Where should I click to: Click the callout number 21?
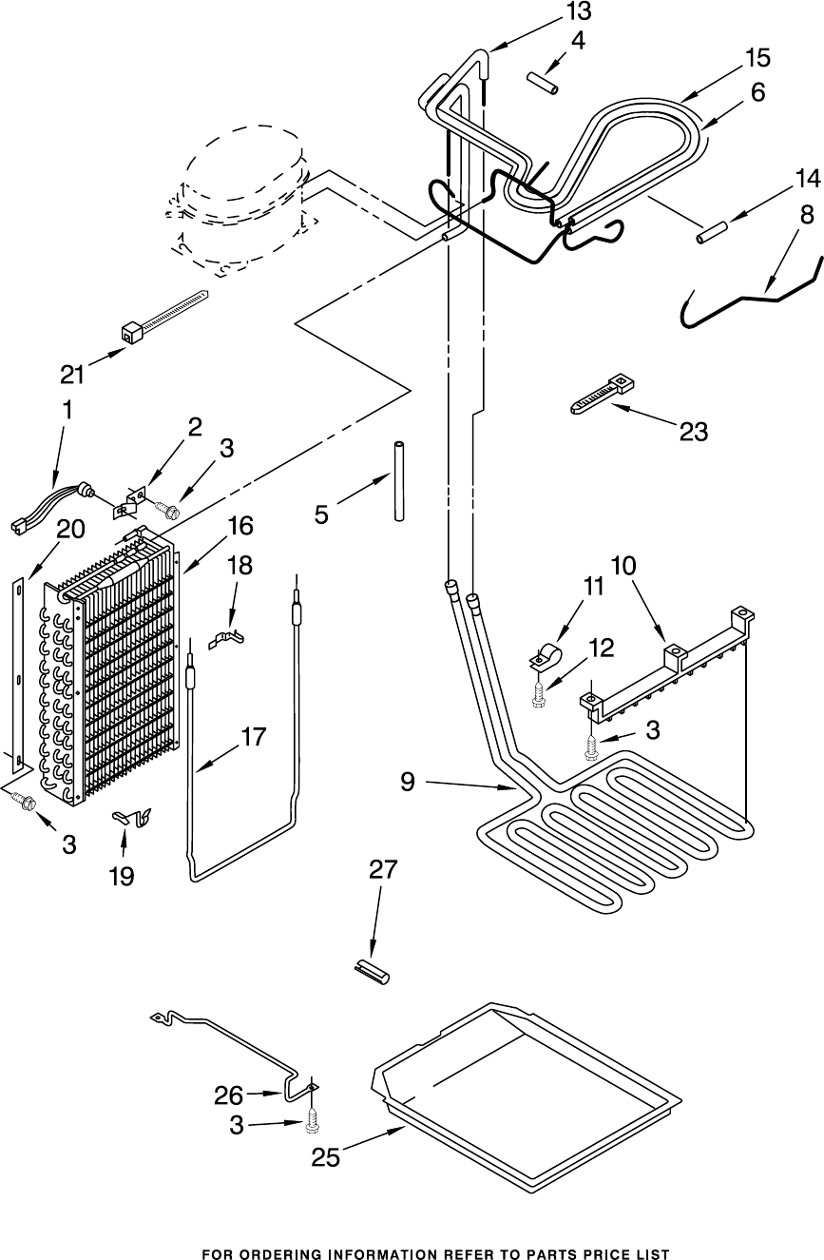pos(73,374)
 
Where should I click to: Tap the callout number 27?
pos(383,869)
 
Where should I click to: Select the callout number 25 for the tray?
pos(326,1157)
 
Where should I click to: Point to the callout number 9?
pos(408,782)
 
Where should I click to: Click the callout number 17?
pos(254,736)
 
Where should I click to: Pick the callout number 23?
pos(694,432)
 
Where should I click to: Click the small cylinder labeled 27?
pos(373,971)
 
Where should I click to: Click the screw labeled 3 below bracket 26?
pos(312,1124)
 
